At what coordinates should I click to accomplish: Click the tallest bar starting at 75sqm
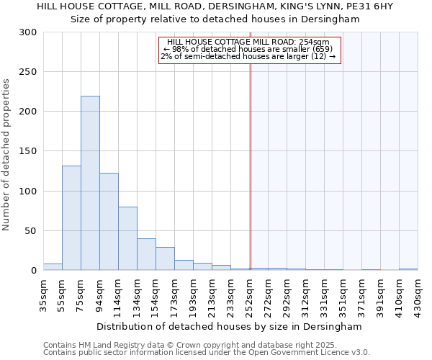click(90, 183)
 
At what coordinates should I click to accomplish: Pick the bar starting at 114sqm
click(127, 238)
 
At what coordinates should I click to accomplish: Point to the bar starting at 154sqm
click(165, 258)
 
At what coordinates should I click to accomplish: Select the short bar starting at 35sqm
click(53, 267)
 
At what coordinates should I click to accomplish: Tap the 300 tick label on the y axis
click(29, 32)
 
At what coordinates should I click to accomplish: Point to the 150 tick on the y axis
click(29, 151)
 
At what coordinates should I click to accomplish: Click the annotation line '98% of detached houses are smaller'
click(248, 49)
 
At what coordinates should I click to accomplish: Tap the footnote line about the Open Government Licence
click(207, 353)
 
